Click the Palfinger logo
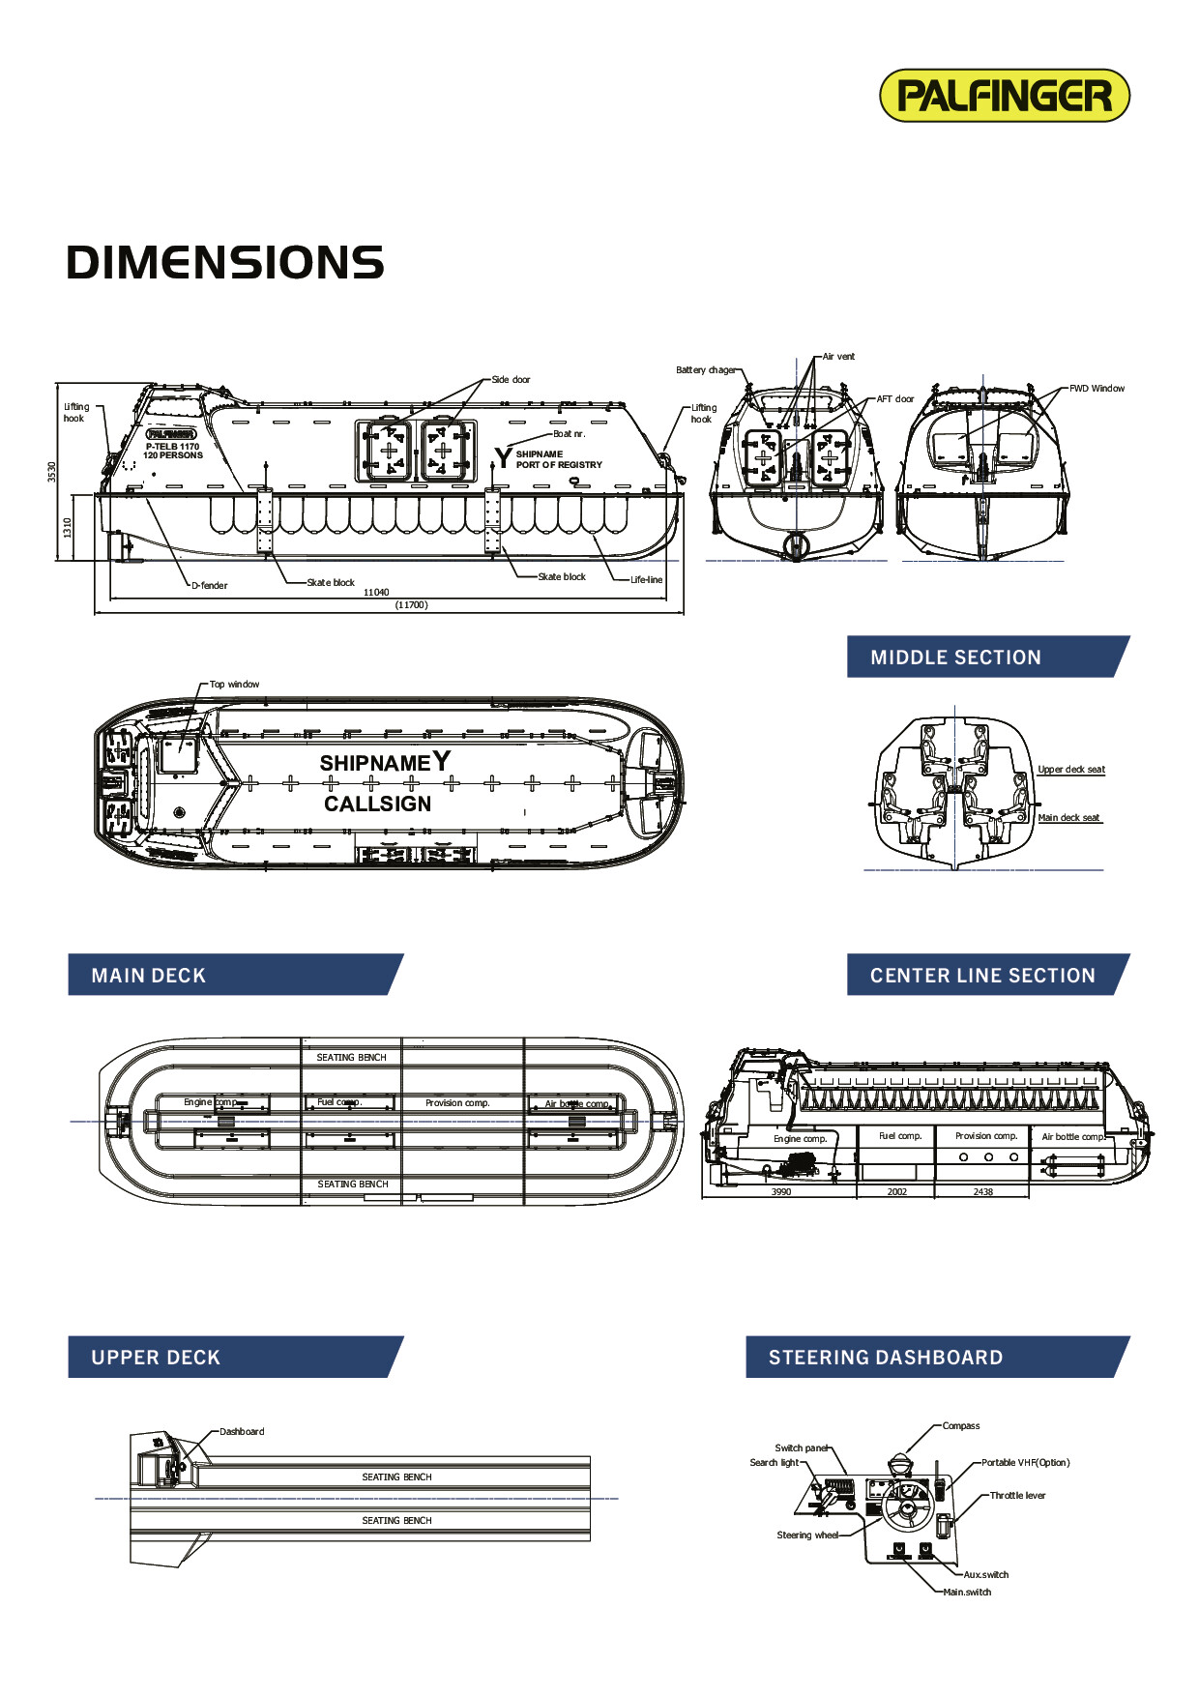click(x=1004, y=96)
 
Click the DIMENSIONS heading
click(x=225, y=263)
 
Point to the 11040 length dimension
click(x=376, y=592)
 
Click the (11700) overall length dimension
click(x=411, y=605)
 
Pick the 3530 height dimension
click(x=52, y=472)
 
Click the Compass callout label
click(x=960, y=1426)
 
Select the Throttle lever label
click(x=1017, y=1496)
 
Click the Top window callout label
click(x=234, y=685)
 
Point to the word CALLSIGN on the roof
click(x=378, y=804)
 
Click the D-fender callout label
click(x=209, y=586)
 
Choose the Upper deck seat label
click(x=1071, y=770)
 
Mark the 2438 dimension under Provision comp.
click(x=982, y=1192)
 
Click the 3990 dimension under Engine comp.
click(x=781, y=1192)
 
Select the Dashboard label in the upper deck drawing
click(x=242, y=1432)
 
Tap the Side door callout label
click(x=511, y=380)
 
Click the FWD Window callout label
click(x=1097, y=389)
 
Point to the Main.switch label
click(x=967, y=1593)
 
